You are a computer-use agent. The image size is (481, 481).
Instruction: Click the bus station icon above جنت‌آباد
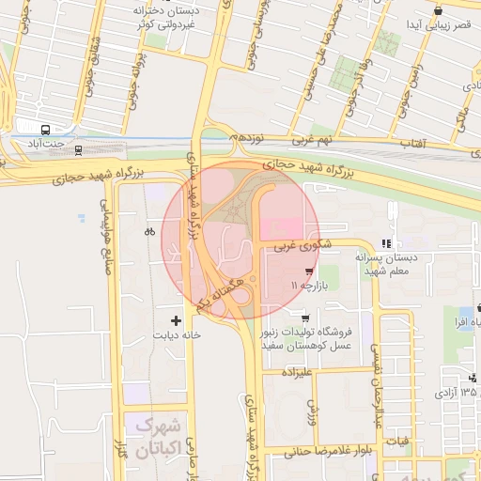click(x=47, y=128)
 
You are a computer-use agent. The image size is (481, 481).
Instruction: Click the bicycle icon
click(x=149, y=231)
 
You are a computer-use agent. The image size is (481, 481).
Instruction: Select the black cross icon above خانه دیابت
click(x=176, y=321)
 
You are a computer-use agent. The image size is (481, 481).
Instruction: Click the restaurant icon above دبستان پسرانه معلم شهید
click(x=385, y=243)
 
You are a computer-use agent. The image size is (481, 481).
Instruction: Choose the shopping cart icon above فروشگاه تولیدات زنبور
click(x=303, y=318)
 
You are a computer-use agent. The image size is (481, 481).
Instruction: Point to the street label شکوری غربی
click(x=299, y=246)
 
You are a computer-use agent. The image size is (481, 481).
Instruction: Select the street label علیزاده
click(x=298, y=371)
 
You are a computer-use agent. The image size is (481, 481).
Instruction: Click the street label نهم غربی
click(x=311, y=140)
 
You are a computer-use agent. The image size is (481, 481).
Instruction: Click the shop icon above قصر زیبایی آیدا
click(x=438, y=10)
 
